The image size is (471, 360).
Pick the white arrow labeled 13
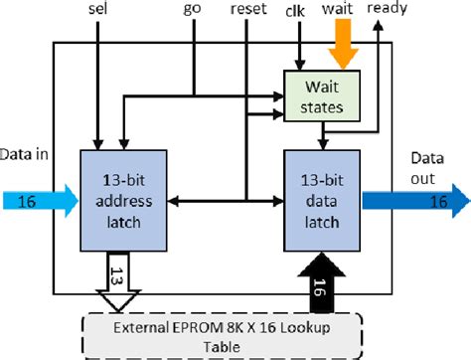(x=118, y=281)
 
